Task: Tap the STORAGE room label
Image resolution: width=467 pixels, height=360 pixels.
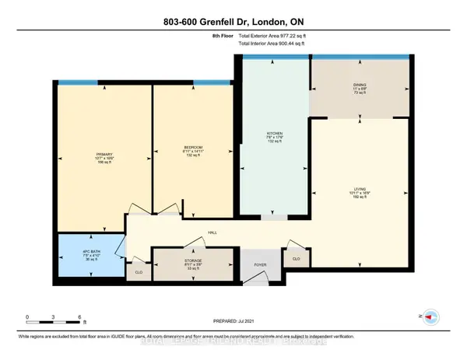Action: coord(193,260)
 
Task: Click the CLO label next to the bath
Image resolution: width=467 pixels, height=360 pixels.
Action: coord(139,272)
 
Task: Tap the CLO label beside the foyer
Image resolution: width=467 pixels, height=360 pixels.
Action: coord(296,259)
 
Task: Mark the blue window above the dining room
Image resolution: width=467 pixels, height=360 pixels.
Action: coord(359,56)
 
